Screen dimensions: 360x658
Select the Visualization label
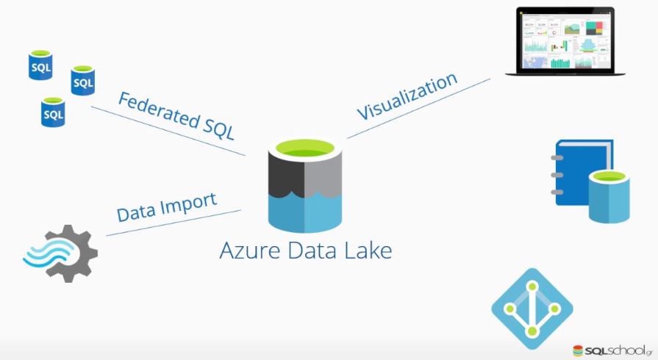pos(407,96)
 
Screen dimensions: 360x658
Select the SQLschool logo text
pos(615,348)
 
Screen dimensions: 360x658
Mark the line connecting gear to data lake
pos(174,223)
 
